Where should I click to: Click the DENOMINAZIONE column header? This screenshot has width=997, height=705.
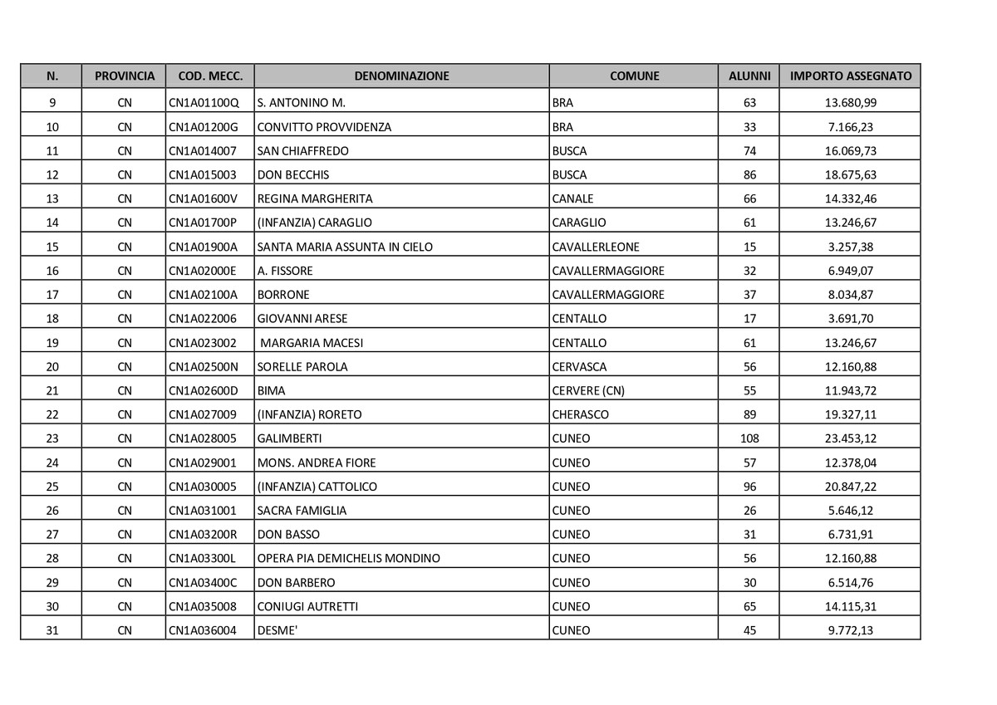click(x=401, y=76)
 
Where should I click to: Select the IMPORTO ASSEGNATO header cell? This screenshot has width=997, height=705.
click(x=850, y=76)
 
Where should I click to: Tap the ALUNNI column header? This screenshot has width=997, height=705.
click(x=749, y=76)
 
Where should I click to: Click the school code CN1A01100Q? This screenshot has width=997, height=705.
click(x=204, y=103)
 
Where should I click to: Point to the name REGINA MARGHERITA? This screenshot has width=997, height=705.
click(x=315, y=198)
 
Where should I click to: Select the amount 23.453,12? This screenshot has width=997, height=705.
click(x=851, y=438)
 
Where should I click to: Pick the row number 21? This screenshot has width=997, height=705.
click(x=52, y=390)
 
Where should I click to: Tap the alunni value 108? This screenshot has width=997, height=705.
click(x=749, y=438)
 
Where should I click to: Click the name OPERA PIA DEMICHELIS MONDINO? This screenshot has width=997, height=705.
click(x=349, y=558)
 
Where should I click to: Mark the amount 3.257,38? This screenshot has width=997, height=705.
click(x=851, y=247)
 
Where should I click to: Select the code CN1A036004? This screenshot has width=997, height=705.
click(x=203, y=630)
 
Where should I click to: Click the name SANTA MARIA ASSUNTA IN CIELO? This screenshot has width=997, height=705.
click(x=345, y=247)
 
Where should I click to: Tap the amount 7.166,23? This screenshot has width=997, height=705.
click(x=851, y=127)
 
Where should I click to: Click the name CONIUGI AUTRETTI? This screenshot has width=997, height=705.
click(x=308, y=606)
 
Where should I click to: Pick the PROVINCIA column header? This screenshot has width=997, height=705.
click(x=125, y=76)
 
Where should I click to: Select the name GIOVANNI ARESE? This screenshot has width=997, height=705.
click(x=302, y=318)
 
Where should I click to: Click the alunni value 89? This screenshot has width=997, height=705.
click(x=749, y=414)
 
